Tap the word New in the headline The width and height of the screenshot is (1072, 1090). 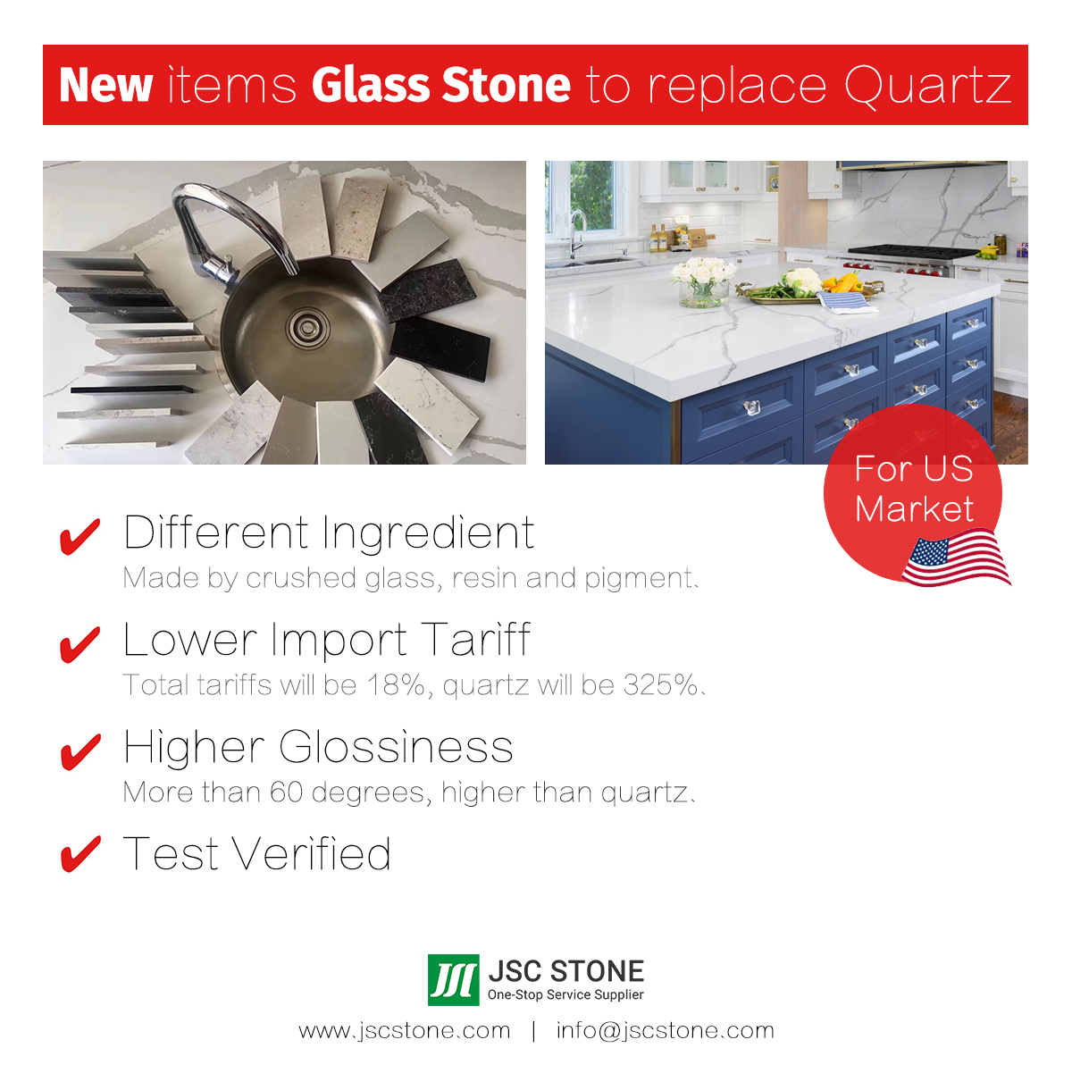tap(105, 85)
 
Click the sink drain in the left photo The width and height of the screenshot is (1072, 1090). tap(307, 327)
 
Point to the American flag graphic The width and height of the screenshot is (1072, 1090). tap(956, 558)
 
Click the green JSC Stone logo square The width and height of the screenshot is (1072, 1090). tap(453, 980)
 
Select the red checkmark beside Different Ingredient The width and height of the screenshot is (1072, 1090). tap(80, 536)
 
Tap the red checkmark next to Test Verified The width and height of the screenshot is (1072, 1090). tap(80, 853)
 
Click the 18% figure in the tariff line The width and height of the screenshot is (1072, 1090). tap(395, 685)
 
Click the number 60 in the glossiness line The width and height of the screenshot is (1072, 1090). tap(286, 792)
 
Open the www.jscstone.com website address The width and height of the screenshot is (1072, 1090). tap(405, 1031)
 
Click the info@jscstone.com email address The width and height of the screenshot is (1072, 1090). tap(666, 1031)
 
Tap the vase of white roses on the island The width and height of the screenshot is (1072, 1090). tap(703, 283)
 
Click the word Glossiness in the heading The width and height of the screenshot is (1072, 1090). tap(396, 747)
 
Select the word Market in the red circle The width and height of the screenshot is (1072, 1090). tap(914, 508)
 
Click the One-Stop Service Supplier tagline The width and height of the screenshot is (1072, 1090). tap(565, 995)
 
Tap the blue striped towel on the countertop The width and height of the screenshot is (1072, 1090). tap(847, 302)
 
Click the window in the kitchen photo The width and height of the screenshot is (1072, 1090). tap(590, 195)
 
